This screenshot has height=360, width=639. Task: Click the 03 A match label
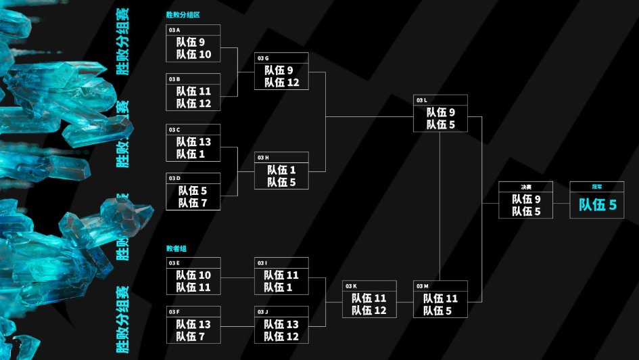pos(174,30)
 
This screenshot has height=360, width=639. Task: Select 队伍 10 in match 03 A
pos(194,54)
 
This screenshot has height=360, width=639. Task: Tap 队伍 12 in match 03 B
pos(194,104)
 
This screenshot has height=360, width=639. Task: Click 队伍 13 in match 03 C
pos(194,141)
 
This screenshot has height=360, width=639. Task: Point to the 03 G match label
pos(263,58)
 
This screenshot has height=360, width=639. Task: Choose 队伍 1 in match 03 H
pos(281,170)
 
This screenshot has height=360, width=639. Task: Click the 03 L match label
pos(423,100)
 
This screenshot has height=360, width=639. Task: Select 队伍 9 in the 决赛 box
pos(526,199)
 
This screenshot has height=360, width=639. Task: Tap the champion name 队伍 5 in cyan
pos(598,205)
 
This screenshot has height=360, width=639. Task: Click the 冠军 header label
pos(597,187)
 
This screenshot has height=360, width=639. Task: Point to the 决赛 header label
pos(525,187)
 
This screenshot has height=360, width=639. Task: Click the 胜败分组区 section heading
pos(183,14)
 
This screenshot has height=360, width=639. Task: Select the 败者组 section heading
pos(175,248)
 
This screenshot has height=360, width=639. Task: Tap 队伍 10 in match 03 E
pos(194,275)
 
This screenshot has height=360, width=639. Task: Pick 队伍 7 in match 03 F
pos(194,336)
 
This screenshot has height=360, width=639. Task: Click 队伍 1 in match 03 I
pos(281,288)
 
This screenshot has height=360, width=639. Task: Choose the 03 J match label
pos(262,311)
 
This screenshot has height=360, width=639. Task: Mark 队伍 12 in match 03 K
pos(369,311)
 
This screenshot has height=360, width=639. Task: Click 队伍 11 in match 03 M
pos(441,298)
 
